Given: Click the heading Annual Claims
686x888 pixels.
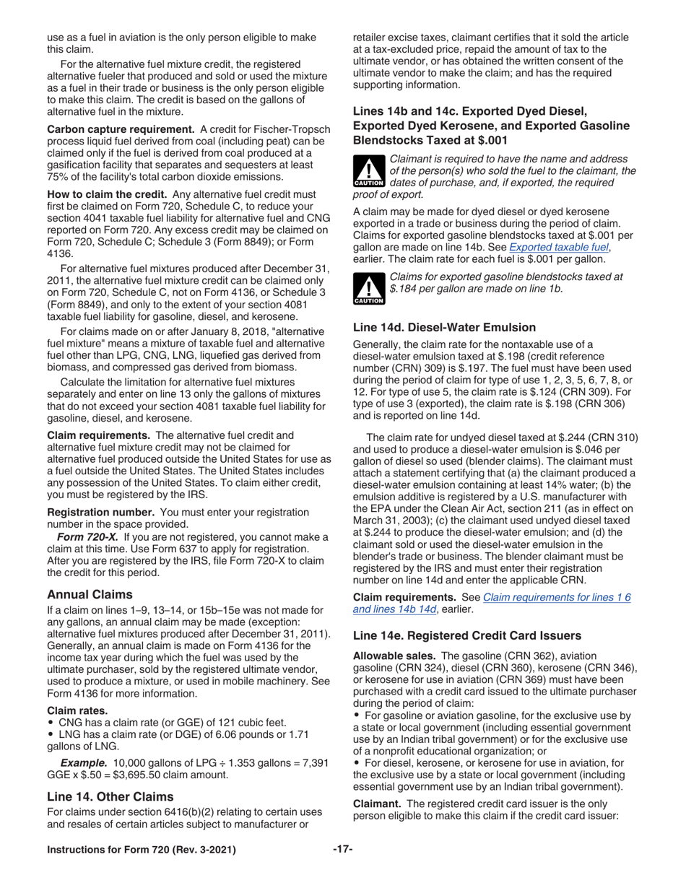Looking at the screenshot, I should click(x=90, y=594).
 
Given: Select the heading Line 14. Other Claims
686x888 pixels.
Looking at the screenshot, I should click(x=110, y=796).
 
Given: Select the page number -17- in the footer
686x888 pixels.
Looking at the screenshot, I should click(x=342, y=850).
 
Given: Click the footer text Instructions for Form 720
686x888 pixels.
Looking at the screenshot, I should click(x=141, y=850).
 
